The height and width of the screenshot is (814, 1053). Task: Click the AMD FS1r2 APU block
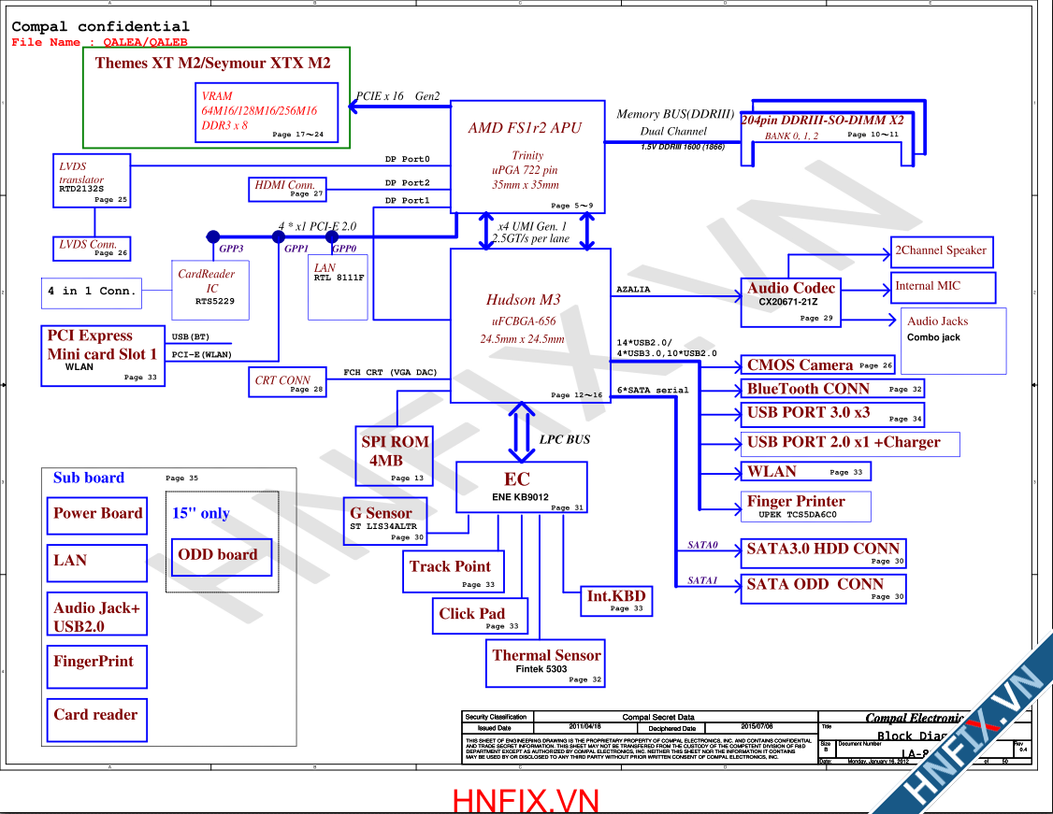pyautogui.click(x=527, y=156)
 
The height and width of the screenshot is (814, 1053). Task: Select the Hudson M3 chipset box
pyautogui.click(x=530, y=325)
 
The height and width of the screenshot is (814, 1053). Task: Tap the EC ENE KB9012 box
pyautogui.click(x=521, y=487)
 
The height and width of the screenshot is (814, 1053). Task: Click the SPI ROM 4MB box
pyautogui.click(x=394, y=456)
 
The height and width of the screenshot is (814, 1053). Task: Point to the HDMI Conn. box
pyautogui.click(x=287, y=189)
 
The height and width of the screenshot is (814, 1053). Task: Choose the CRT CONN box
pyautogui.click(x=289, y=383)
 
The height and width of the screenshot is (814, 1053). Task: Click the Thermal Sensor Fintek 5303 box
pyautogui.click(x=545, y=663)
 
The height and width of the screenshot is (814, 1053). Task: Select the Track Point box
pyautogui.click(x=453, y=573)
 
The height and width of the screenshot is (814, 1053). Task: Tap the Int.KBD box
pyautogui.click(x=616, y=600)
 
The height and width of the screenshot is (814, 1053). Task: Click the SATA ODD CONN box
pyautogui.click(x=823, y=588)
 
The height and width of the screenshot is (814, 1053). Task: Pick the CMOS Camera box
pyautogui.click(x=819, y=365)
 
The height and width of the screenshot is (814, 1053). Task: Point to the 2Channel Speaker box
pyautogui.click(x=940, y=251)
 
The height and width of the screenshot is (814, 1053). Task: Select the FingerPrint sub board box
pyautogui.click(x=97, y=668)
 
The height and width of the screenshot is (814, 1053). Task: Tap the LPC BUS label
pyautogui.click(x=565, y=439)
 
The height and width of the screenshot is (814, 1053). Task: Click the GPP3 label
pyautogui.click(x=231, y=250)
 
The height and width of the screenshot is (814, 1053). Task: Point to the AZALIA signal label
pyautogui.click(x=633, y=290)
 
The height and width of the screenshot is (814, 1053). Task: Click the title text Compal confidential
pyautogui.click(x=100, y=27)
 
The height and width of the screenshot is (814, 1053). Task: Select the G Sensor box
pyautogui.click(x=387, y=521)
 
